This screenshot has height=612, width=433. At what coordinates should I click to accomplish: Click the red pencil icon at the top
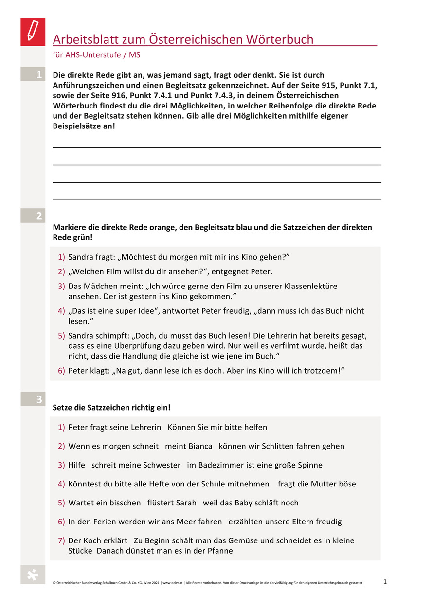point(33,32)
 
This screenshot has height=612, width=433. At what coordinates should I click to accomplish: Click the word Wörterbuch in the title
point(272,39)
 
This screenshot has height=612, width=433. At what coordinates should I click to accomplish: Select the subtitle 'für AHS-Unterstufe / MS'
point(96,55)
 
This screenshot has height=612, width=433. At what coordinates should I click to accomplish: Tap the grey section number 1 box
point(33,74)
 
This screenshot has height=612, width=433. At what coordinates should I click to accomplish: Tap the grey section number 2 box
point(33,216)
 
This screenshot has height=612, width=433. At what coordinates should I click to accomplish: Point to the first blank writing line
point(216,147)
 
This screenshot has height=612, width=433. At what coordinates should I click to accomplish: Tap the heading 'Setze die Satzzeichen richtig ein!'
point(111,407)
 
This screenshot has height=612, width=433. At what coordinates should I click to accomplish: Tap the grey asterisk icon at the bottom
point(33,575)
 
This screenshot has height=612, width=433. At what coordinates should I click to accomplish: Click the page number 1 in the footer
point(385,582)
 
